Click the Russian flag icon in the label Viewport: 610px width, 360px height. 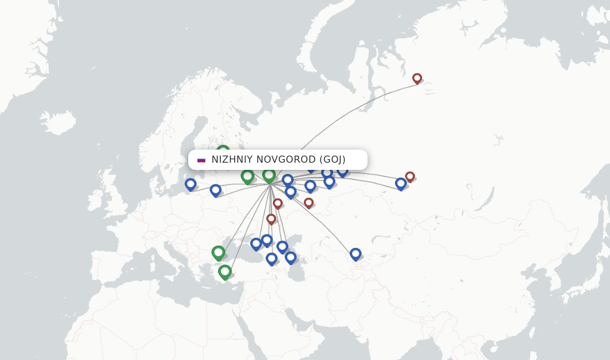(x=201, y=160)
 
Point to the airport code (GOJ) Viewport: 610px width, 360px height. (x=332, y=160)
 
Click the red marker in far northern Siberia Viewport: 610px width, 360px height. (x=417, y=78)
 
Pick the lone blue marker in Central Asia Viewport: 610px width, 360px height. (x=356, y=253)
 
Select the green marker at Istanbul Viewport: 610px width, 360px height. (x=218, y=252)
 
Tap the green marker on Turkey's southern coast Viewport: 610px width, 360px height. (x=225, y=271)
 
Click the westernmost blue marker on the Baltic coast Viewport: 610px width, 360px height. (x=191, y=184)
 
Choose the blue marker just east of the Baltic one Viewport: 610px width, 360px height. (x=216, y=190)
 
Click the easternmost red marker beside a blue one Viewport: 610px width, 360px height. (x=410, y=176)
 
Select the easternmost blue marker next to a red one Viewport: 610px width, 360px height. (x=401, y=183)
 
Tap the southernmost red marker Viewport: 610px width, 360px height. (x=271, y=219)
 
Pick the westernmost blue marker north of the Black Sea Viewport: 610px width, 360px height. (x=256, y=243)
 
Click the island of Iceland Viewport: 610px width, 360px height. (x=58, y=122)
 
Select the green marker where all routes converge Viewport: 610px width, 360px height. (x=269, y=175)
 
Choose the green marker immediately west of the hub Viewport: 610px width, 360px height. (x=247, y=176)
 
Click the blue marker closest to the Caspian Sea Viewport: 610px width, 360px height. (x=291, y=257)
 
